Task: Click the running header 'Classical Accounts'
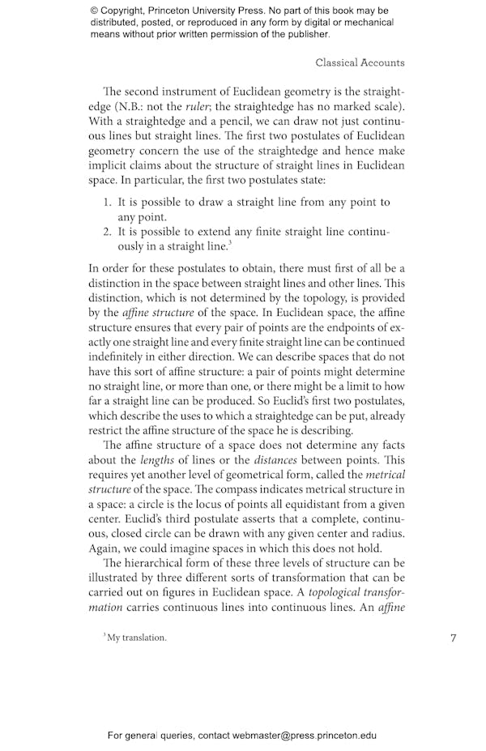[360, 62]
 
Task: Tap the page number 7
[454, 638]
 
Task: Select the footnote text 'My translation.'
[137, 638]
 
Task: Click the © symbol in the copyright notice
[95, 11]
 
